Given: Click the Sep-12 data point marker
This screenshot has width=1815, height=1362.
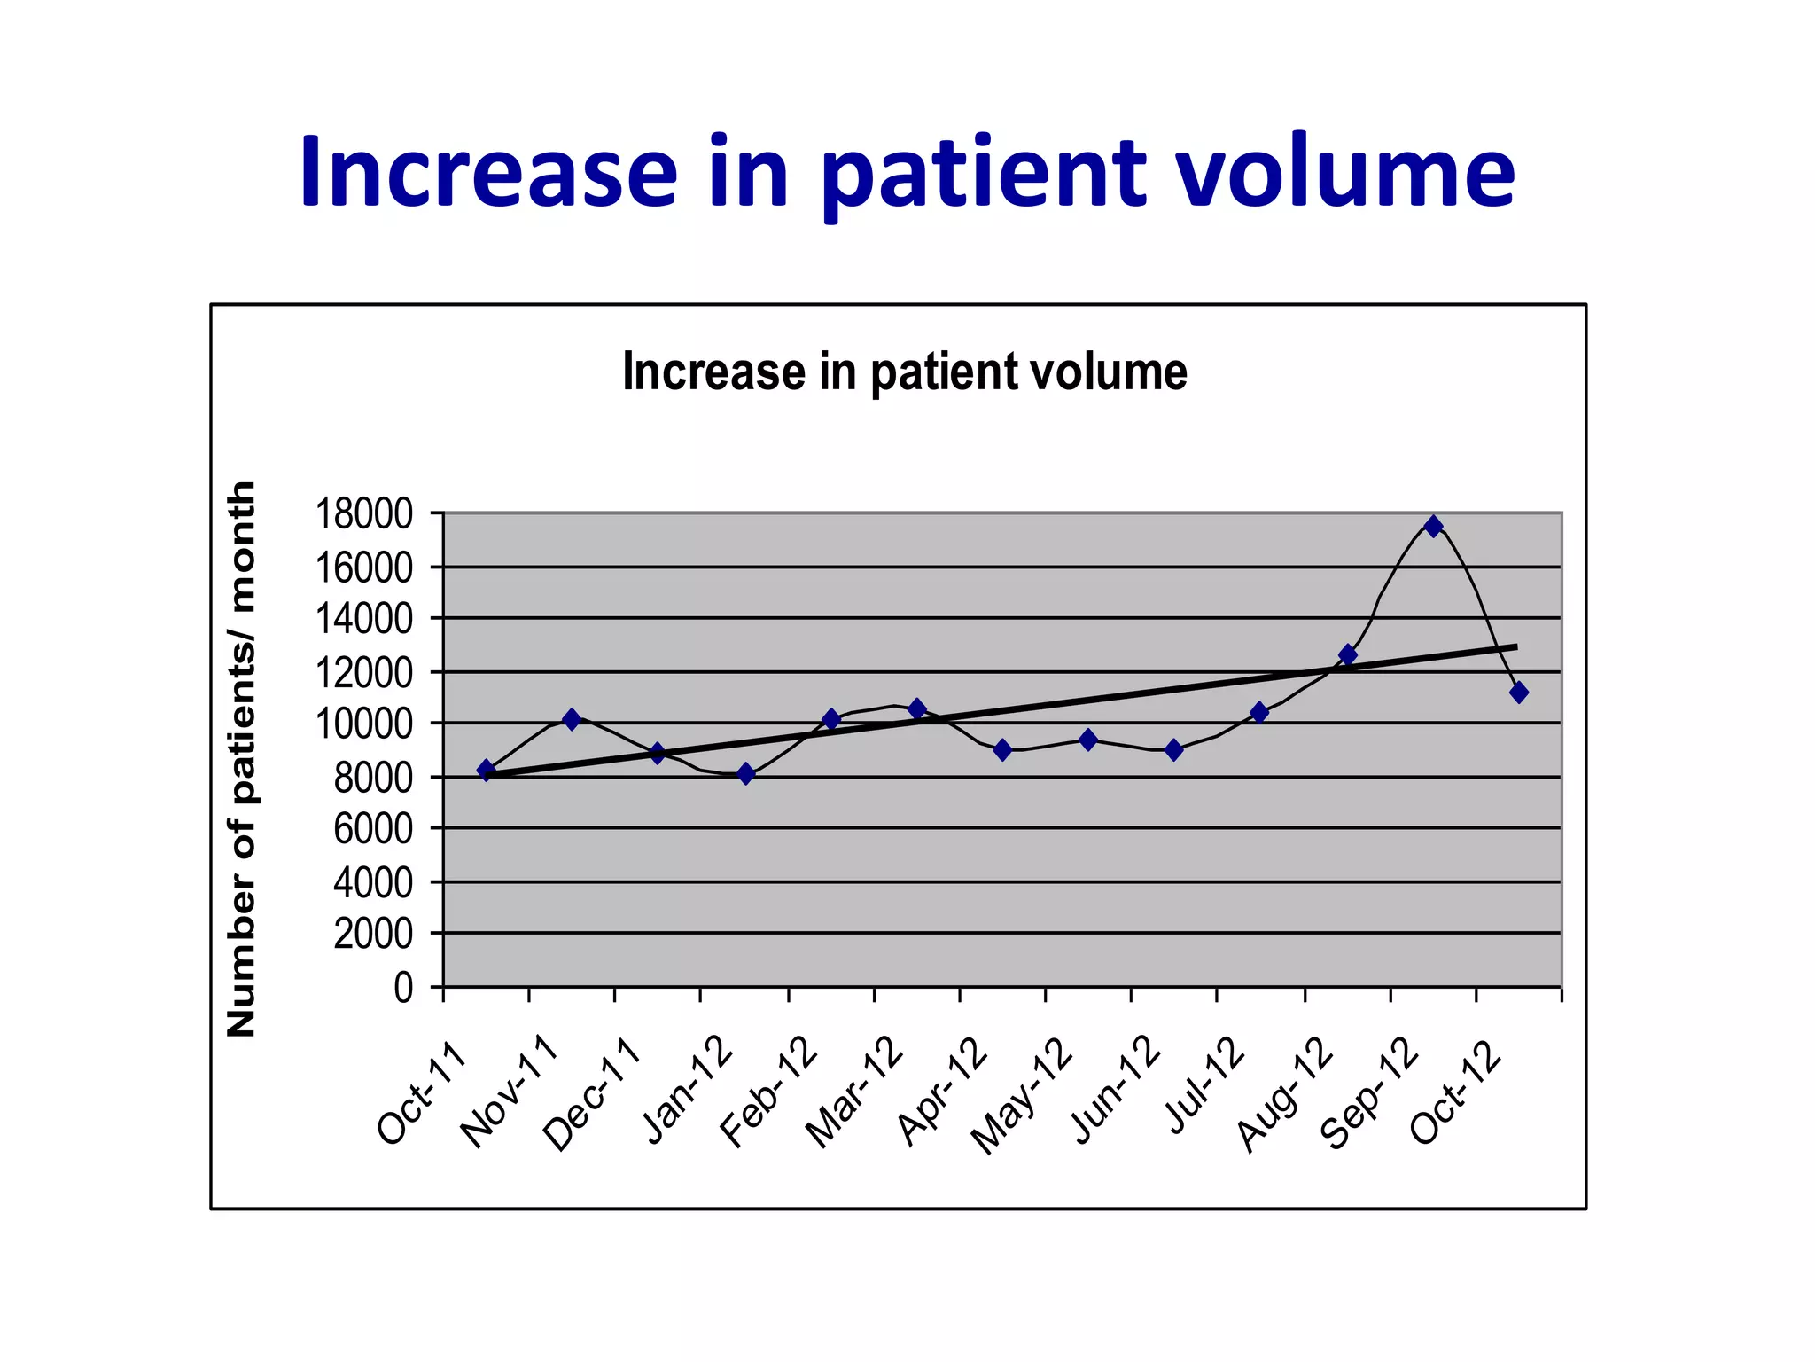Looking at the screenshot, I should (x=1433, y=526).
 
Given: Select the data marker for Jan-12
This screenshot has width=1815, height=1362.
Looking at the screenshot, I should (x=745, y=774).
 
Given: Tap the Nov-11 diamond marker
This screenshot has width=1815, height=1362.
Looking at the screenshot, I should (x=572, y=719).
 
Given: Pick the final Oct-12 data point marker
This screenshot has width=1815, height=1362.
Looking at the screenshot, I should (x=1518, y=693).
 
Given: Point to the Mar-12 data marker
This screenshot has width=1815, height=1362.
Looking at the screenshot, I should (x=916, y=708).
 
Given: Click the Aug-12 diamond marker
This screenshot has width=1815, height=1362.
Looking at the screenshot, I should (x=1347, y=655).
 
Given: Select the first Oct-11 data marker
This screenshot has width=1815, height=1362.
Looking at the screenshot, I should (x=486, y=770).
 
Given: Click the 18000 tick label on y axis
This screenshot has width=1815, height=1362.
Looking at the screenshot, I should (x=364, y=514).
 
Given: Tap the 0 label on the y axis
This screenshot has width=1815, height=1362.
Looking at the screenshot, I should (x=403, y=987).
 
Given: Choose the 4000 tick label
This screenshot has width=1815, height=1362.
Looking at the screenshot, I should (x=372, y=882).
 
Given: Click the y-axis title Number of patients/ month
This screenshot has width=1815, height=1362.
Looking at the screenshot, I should (x=241, y=759).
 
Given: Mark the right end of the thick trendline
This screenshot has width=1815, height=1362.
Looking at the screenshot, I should (x=1515, y=646).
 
